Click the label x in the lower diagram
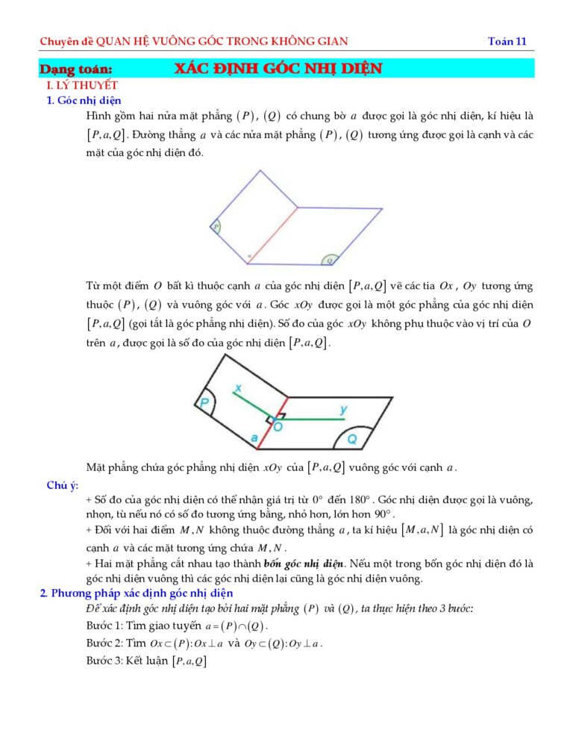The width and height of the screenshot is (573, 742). click(x=238, y=388)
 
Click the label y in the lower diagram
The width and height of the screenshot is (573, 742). click(x=343, y=409)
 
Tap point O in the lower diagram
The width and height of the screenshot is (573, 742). click(x=277, y=427)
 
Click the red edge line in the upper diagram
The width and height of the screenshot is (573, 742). click(x=272, y=235)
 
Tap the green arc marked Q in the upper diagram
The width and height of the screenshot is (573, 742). click(x=330, y=260)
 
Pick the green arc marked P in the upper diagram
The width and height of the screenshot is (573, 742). click(x=215, y=226)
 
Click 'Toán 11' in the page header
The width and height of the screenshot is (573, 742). click(x=507, y=41)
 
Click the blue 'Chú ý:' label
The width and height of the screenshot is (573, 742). click(x=63, y=485)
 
